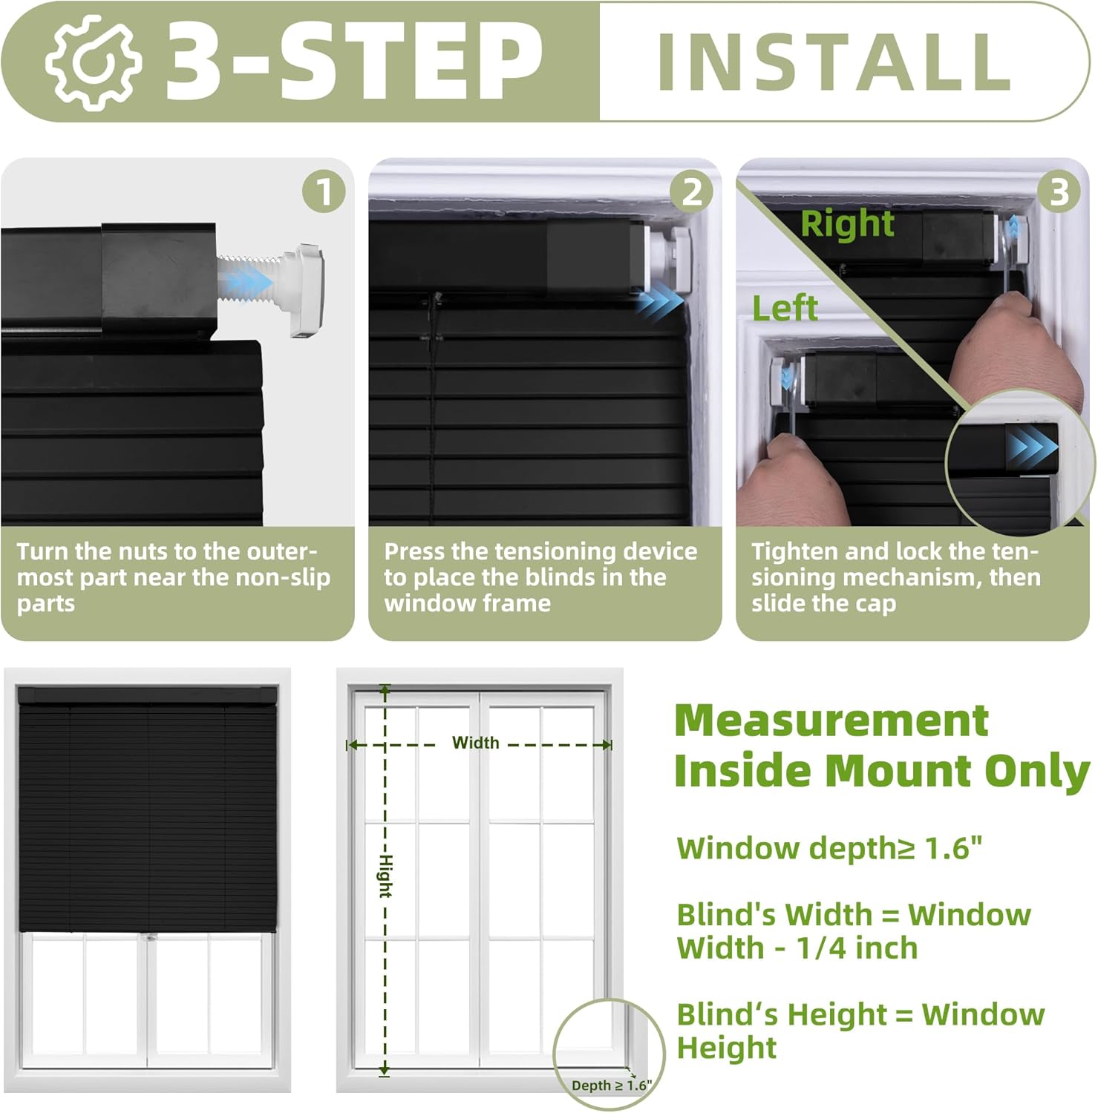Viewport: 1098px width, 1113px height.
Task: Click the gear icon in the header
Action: [93, 62]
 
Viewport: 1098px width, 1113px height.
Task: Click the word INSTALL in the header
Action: [834, 62]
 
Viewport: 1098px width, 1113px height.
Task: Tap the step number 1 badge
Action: [324, 192]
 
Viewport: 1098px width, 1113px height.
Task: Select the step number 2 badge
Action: [691, 192]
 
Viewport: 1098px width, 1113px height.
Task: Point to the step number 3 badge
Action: [1059, 192]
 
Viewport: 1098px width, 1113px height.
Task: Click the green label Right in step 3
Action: [847, 223]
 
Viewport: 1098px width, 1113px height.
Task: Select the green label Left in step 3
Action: [785, 308]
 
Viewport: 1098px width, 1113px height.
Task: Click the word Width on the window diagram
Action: [475, 743]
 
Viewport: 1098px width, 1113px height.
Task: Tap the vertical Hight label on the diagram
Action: [385, 876]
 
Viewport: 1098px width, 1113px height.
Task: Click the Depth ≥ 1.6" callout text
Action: [611, 1085]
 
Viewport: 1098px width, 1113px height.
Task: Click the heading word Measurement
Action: [831, 720]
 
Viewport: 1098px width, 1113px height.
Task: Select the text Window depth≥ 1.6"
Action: [829, 848]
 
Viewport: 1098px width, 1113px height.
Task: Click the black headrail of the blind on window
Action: [147, 696]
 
